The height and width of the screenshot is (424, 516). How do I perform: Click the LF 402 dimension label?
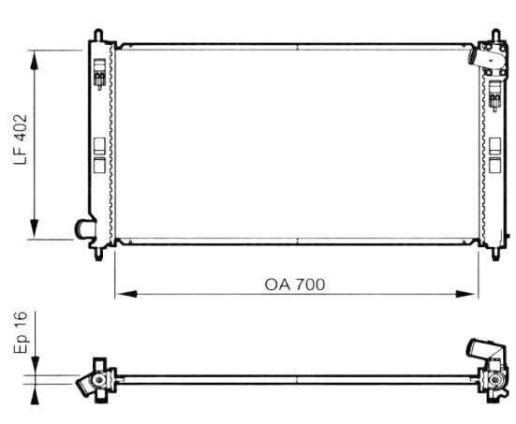pyautogui.click(x=21, y=139)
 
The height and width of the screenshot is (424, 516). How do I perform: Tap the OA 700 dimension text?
pyautogui.click(x=295, y=285)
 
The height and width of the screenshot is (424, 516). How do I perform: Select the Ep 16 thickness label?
pyautogui.click(x=21, y=332)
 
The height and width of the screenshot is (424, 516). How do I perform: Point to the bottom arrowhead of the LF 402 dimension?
pyautogui.click(x=35, y=229)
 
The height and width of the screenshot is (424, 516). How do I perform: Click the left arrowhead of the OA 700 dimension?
pyautogui.click(x=126, y=294)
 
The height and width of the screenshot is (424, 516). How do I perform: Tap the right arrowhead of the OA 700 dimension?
pyautogui.click(x=466, y=294)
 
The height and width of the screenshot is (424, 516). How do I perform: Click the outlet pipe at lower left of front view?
pyautogui.click(x=83, y=228)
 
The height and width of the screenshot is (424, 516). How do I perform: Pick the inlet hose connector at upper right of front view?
pyautogui.click(x=486, y=56)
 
